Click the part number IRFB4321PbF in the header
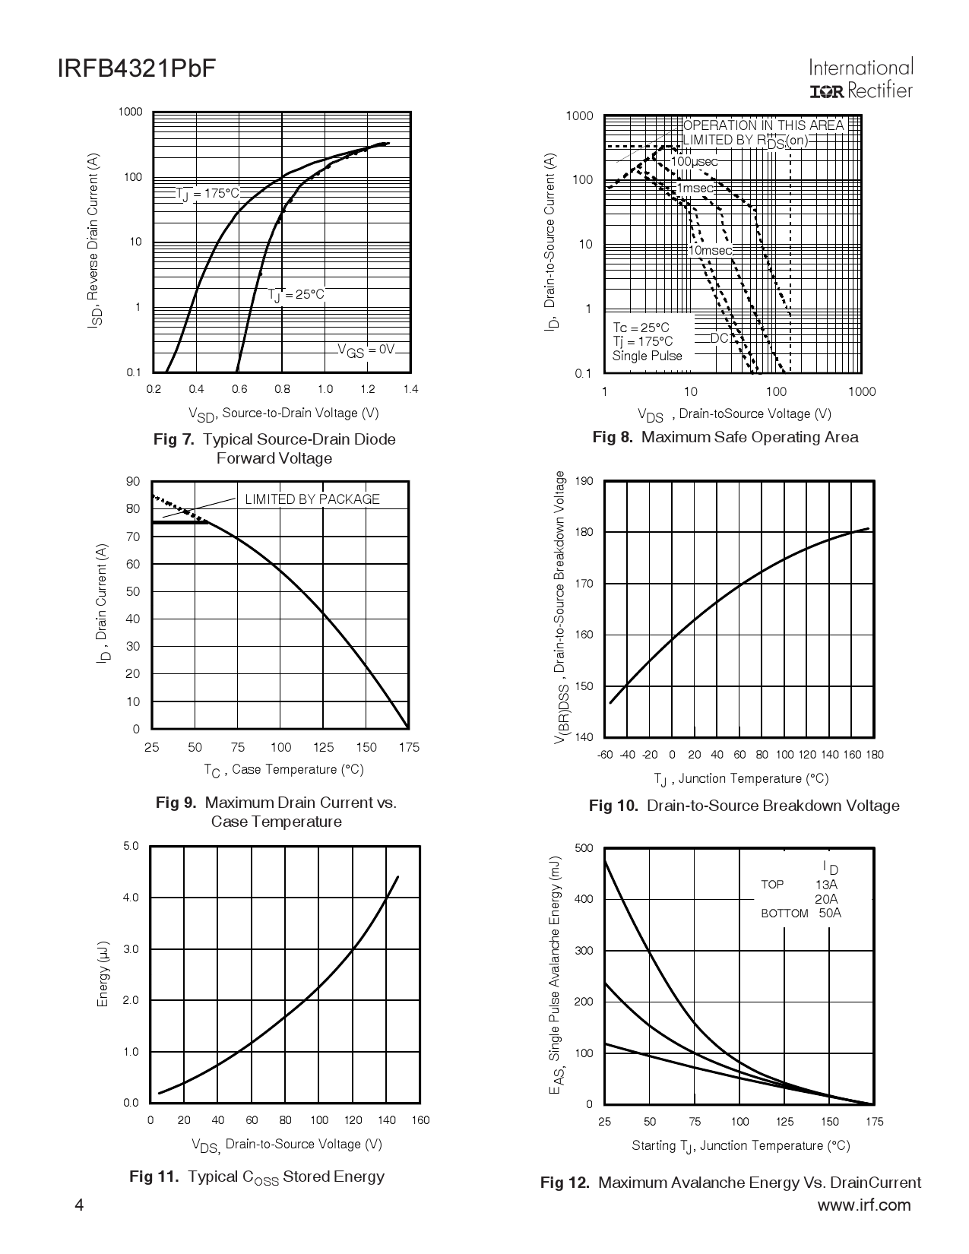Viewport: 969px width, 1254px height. click(x=136, y=70)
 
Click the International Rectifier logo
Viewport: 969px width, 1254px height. click(x=861, y=80)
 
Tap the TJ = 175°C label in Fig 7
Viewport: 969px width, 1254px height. click(x=207, y=194)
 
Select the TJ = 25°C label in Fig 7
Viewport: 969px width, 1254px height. click(x=296, y=295)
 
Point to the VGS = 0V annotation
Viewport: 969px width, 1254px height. click(x=366, y=350)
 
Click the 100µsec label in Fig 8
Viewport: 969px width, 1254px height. click(x=694, y=162)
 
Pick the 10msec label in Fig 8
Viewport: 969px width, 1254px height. click(x=711, y=250)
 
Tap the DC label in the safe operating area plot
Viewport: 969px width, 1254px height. click(x=719, y=338)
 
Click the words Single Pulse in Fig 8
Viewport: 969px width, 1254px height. click(x=648, y=356)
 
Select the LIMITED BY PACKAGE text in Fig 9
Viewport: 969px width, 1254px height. click(x=312, y=499)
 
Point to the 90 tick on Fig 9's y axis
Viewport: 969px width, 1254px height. click(x=133, y=481)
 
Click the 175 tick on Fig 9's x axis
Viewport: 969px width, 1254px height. click(x=409, y=747)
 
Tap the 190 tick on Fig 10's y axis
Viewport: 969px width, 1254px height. click(x=584, y=481)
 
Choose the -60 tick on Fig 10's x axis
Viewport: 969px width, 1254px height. click(x=605, y=755)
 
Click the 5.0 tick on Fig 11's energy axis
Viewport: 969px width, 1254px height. click(x=131, y=846)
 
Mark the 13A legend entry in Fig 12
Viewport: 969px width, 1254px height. click(x=826, y=885)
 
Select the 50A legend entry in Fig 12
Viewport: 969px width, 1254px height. click(x=830, y=914)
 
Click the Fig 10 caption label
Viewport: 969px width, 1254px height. click(x=613, y=806)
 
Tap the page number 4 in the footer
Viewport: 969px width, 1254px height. click(x=80, y=1205)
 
